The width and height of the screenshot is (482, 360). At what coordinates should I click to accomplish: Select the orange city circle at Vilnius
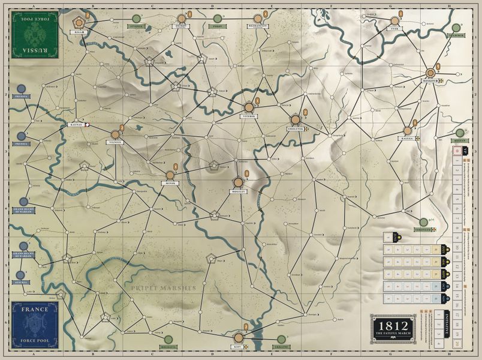115,134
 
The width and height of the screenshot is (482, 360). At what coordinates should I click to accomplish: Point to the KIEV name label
237,347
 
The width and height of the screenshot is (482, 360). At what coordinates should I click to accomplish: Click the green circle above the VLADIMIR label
456,28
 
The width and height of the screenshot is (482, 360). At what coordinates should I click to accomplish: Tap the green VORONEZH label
424,230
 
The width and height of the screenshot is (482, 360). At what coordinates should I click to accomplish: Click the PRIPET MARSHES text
164,289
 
